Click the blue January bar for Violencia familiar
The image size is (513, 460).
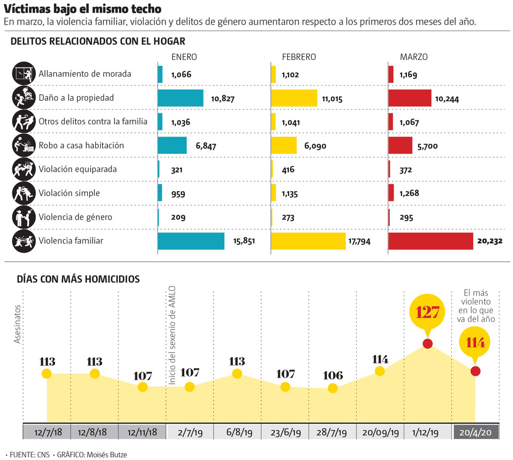(191, 241)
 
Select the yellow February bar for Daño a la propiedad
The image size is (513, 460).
(294, 98)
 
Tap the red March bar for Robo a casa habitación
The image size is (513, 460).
(400, 146)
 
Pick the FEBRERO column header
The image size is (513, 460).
(299, 57)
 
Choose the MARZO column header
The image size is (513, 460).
(413, 57)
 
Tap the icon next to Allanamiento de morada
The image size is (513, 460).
(22, 74)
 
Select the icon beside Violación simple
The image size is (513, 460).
(22, 193)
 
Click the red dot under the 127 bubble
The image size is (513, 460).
(427, 343)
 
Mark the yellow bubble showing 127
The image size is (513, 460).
(427, 312)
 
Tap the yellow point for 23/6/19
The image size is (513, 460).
(285, 387)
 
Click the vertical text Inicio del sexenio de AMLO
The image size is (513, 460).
(172, 335)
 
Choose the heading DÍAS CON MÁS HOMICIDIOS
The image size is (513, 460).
(78, 278)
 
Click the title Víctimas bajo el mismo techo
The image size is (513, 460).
(82, 10)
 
